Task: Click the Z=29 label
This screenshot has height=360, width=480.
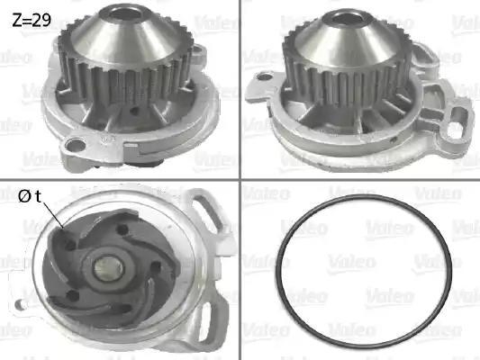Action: coord(32,21)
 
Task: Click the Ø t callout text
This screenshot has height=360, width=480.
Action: coord(30,196)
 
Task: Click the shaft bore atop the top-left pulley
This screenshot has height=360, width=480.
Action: coord(125,14)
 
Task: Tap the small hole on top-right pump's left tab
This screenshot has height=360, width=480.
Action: coord(266,76)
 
